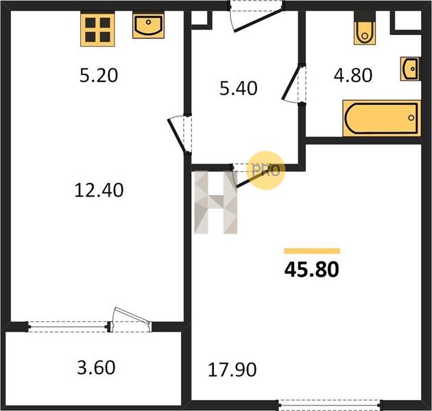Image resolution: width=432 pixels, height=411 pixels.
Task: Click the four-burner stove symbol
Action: click(x=97, y=29)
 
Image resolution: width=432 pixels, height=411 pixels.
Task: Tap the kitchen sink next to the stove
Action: click(x=148, y=26)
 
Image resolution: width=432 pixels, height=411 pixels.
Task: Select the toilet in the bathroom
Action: click(x=365, y=28)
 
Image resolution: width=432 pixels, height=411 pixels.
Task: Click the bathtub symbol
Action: click(x=381, y=119)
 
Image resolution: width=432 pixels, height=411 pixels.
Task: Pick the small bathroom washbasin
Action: click(x=410, y=68)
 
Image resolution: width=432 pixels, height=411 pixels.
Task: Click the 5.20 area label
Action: click(x=99, y=75)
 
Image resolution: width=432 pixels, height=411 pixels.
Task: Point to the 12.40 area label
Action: click(x=99, y=190)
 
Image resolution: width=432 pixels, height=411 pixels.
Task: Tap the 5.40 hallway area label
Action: click(x=239, y=88)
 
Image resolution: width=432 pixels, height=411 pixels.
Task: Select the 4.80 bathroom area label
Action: click(x=352, y=75)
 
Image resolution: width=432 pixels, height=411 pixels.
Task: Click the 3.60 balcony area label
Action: click(x=96, y=368)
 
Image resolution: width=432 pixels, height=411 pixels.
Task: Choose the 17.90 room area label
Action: click(x=232, y=370)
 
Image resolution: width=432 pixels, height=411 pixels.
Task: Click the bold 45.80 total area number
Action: click(x=311, y=269)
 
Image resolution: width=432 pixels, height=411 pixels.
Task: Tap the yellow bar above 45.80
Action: click(x=312, y=251)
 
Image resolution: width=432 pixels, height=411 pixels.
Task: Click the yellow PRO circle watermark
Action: click(x=265, y=170)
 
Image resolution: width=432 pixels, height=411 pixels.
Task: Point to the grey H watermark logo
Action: click(x=216, y=202)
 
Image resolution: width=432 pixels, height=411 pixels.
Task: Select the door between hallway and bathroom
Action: click(x=295, y=84)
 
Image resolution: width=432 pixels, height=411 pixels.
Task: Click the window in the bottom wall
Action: click(x=330, y=405)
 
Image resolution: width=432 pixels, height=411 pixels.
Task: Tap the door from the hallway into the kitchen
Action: click(x=179, y=134)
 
